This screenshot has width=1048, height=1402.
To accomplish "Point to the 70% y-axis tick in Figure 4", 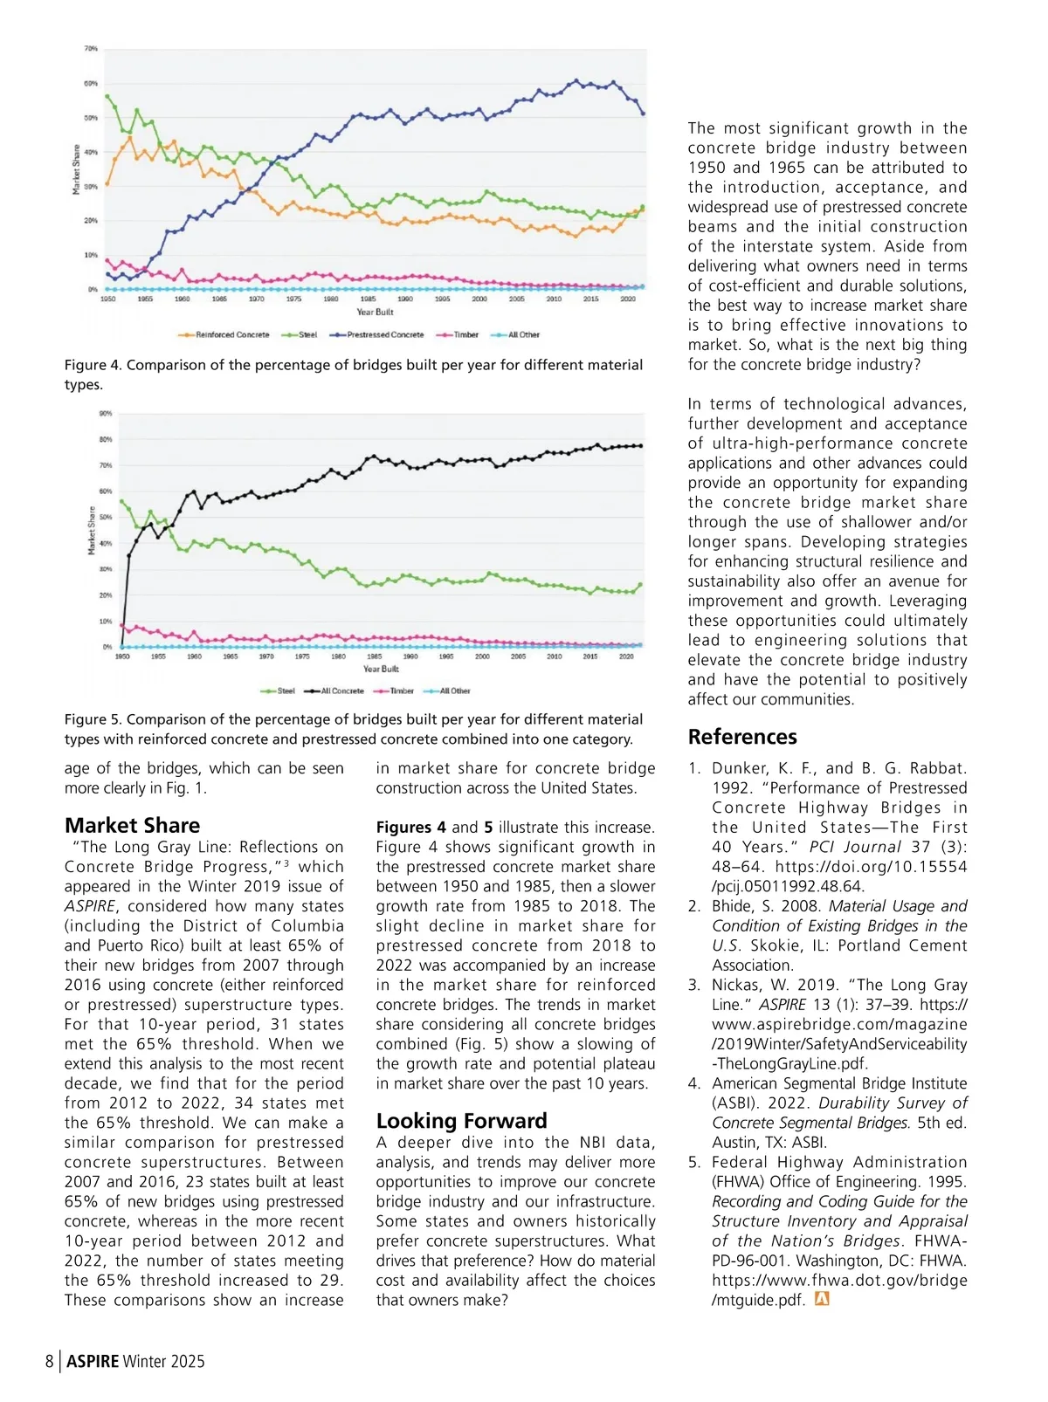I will [91, 49].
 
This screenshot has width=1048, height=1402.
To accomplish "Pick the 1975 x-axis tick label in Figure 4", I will [293, 299].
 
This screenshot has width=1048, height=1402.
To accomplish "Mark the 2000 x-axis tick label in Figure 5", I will [482, 656].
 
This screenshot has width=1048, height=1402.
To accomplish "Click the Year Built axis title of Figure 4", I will [375, 312].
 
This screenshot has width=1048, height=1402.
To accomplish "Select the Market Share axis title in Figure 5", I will [91, 530].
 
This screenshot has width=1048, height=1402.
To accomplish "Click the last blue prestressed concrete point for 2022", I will [644, 113].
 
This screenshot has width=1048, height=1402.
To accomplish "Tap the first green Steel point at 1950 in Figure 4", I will [107, 96].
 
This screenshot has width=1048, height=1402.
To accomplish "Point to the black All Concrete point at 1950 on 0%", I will [122, 647].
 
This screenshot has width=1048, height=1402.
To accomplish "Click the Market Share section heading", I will [132, 825].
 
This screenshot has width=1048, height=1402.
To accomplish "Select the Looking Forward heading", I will [461, 1120].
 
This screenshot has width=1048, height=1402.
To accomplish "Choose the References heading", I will [742, 736].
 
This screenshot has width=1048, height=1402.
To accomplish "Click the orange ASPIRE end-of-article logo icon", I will [821, 1299].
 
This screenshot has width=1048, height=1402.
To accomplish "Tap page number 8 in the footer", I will [50, 1361].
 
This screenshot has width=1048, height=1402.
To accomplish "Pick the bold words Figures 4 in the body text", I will [410, 827].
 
